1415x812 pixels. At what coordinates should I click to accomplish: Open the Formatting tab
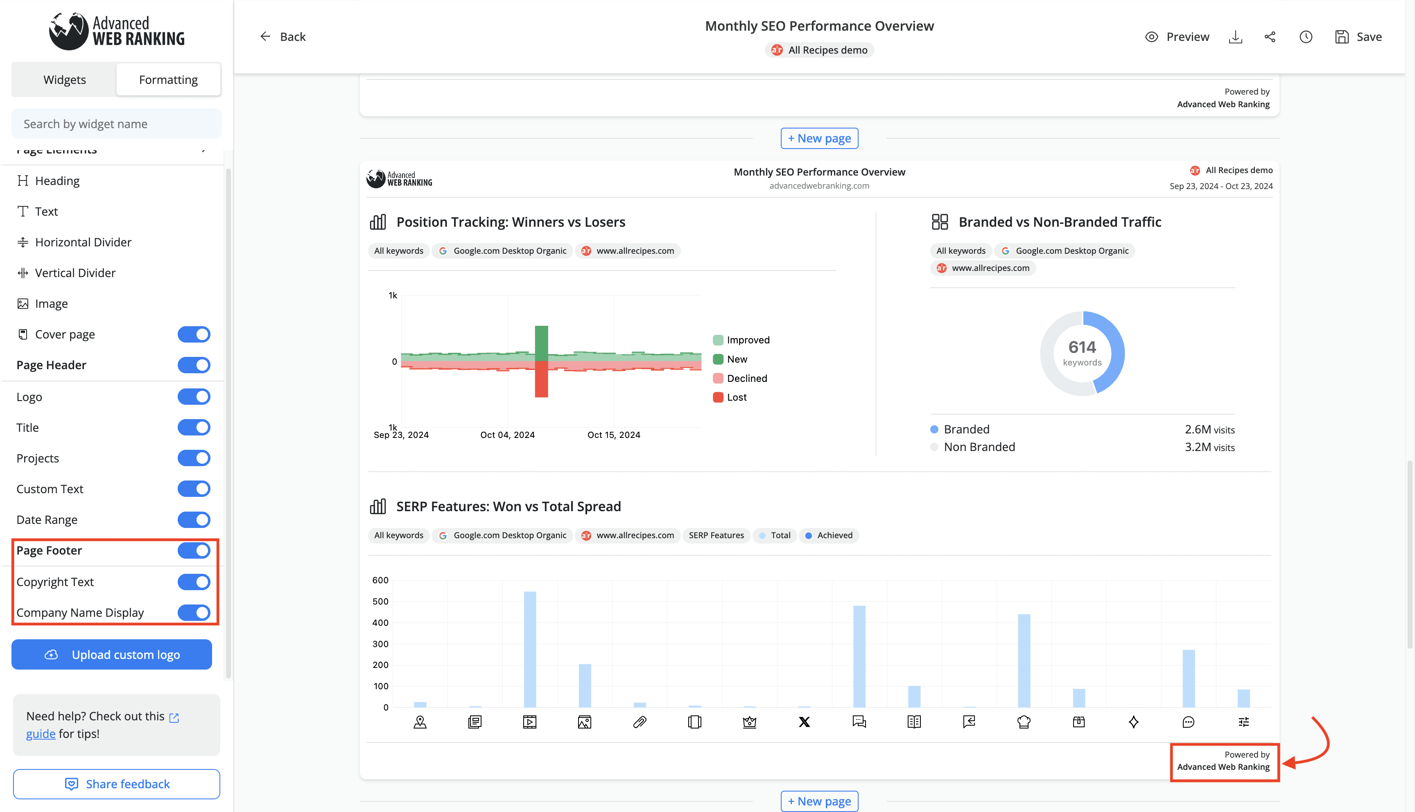click(168, 80)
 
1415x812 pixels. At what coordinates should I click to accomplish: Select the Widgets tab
click(65, 80)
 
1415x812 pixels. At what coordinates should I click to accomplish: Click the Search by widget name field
click(117, 124)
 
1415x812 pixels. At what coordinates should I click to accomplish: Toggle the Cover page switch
click(194, 335)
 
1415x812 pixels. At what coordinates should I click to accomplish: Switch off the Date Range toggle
click(194, 520)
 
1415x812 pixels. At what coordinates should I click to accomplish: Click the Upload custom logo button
click(111, 655)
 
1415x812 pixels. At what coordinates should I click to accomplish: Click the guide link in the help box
click(41, 734)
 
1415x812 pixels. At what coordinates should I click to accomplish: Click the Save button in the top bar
click(1358, 37)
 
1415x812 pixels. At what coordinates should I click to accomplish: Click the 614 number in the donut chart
click(1082, 347)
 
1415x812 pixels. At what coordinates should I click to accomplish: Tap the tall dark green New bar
click(541, 343)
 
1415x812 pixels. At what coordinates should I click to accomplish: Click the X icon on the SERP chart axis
click(804, 722)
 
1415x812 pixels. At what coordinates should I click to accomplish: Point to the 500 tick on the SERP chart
click(380, 601)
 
